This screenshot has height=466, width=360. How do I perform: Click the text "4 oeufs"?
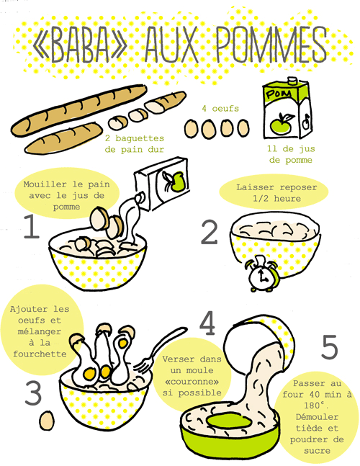[x=220, y=109]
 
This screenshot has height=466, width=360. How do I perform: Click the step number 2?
[x=209, y=233]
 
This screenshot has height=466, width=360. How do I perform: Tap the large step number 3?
[x=33, y=393]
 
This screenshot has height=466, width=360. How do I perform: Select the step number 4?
[x=208, y=325]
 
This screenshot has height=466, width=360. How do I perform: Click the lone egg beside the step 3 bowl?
[x=48, y=418]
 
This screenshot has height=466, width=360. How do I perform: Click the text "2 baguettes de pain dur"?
[x=134, y=143]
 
